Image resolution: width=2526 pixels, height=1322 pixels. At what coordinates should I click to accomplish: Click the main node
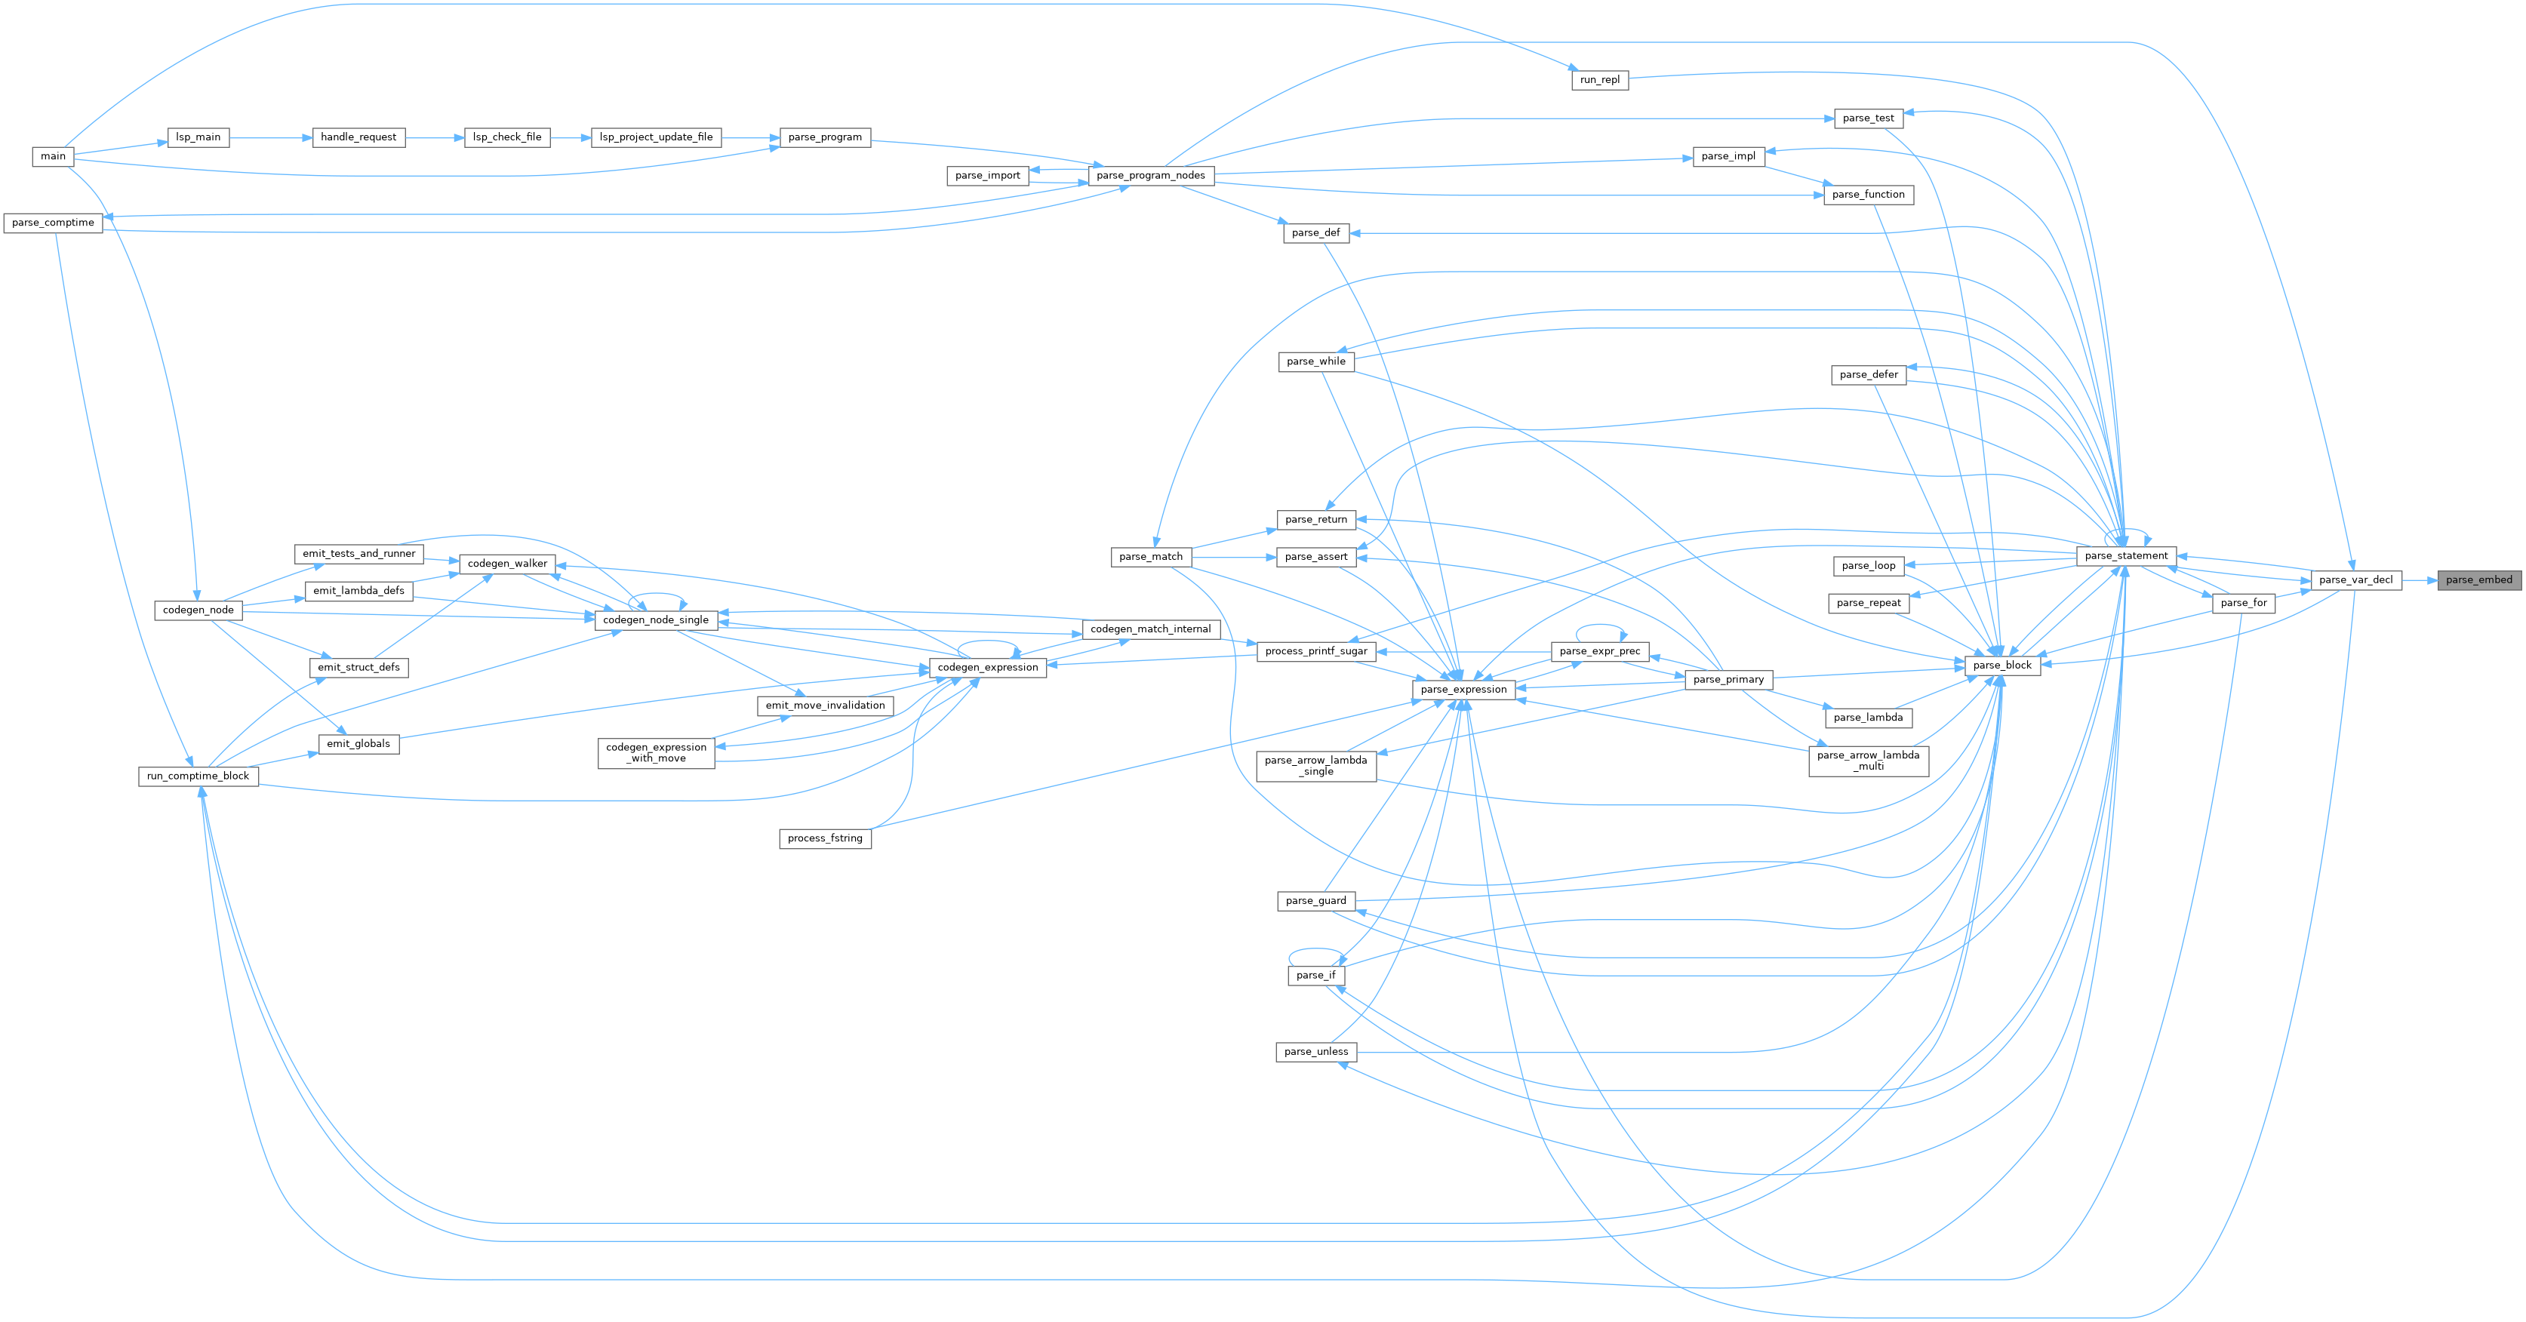(x=53, y=157)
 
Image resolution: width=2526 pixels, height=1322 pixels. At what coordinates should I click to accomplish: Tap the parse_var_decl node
(x=2355, y=580)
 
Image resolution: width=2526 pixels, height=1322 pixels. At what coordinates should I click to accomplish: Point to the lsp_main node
(x=198, y=137)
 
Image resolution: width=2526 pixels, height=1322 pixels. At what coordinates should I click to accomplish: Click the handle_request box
(x=358, y=137)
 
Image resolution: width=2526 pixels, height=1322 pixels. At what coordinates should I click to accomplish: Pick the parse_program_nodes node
(x=1150, y=176)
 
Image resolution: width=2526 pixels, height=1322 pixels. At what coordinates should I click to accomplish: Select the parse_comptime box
(x=53, y=223)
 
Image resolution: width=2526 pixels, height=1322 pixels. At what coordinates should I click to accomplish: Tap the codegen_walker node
(x=507, y=564)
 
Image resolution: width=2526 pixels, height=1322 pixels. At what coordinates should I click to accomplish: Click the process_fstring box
(x=825, y=838)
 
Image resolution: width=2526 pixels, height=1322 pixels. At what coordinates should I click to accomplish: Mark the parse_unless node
(x=1316, y=1051)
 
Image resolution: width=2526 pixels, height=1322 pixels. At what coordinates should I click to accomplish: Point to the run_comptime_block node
(x=198, y=776)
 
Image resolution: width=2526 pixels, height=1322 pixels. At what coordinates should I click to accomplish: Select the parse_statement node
(x=2126, y=556)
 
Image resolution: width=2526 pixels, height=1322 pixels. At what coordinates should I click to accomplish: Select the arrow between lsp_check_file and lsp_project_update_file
(x=571, y=138)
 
